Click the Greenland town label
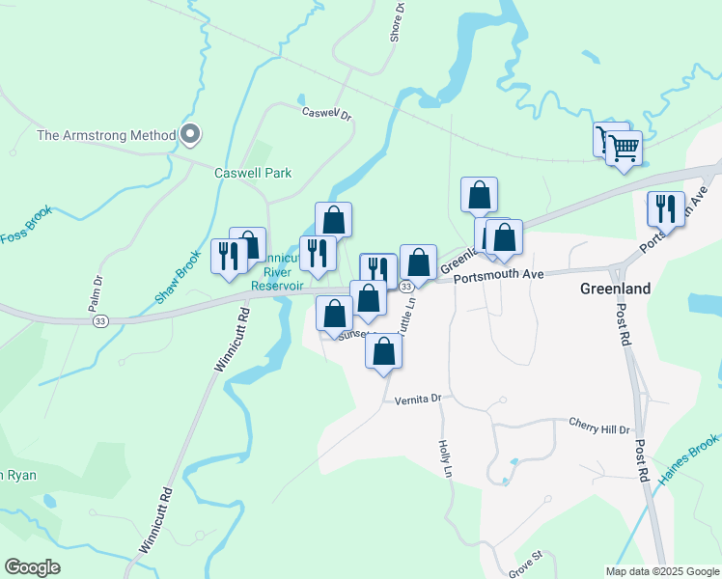[x=615, y=289]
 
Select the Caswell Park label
[x=252, y=173]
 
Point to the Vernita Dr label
[x=417, y=398]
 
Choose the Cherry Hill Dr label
[x=598, y=426]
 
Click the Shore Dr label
[x=397, y=21]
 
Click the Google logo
[x=32, y=567]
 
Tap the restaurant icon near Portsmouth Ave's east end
[x=665, y=208]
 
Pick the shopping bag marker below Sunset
[x=383, y=353]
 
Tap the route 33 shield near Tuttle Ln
[x=406, y=287]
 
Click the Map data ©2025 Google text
[x=661, y=571]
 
